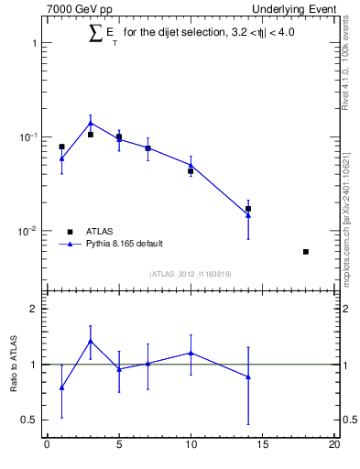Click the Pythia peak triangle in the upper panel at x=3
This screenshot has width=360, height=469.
(91, 123)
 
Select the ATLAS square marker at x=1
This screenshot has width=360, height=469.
(61, 147)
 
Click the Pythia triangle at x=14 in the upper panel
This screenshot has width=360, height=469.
(248, 214)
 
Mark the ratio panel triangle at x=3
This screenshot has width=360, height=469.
(91, 341)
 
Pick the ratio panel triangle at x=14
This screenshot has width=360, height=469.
(248, 376)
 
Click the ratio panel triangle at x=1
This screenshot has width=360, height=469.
(61, 387)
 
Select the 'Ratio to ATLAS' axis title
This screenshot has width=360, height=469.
(15, 365)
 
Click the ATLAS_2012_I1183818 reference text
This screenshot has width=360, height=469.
(191, 274)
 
